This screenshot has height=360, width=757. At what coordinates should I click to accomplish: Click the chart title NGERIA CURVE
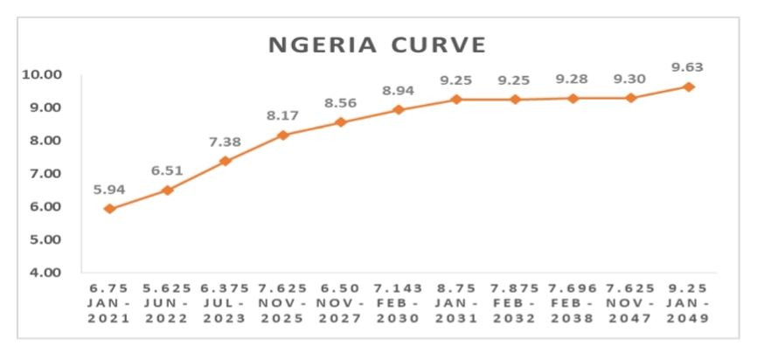[x=377, y=44]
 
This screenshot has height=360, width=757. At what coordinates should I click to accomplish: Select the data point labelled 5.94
[x=109, y=209]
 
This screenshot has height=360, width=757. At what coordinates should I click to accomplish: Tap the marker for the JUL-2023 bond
[x=226, y=161]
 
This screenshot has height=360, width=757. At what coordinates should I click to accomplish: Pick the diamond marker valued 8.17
[x=282, y=135]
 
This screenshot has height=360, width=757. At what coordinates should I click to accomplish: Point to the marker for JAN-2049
[x=689, y=87]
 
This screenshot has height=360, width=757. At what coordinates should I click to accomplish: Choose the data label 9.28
[x=573, y=80]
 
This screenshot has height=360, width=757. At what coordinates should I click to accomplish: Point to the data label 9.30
[x=630, y=80]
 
